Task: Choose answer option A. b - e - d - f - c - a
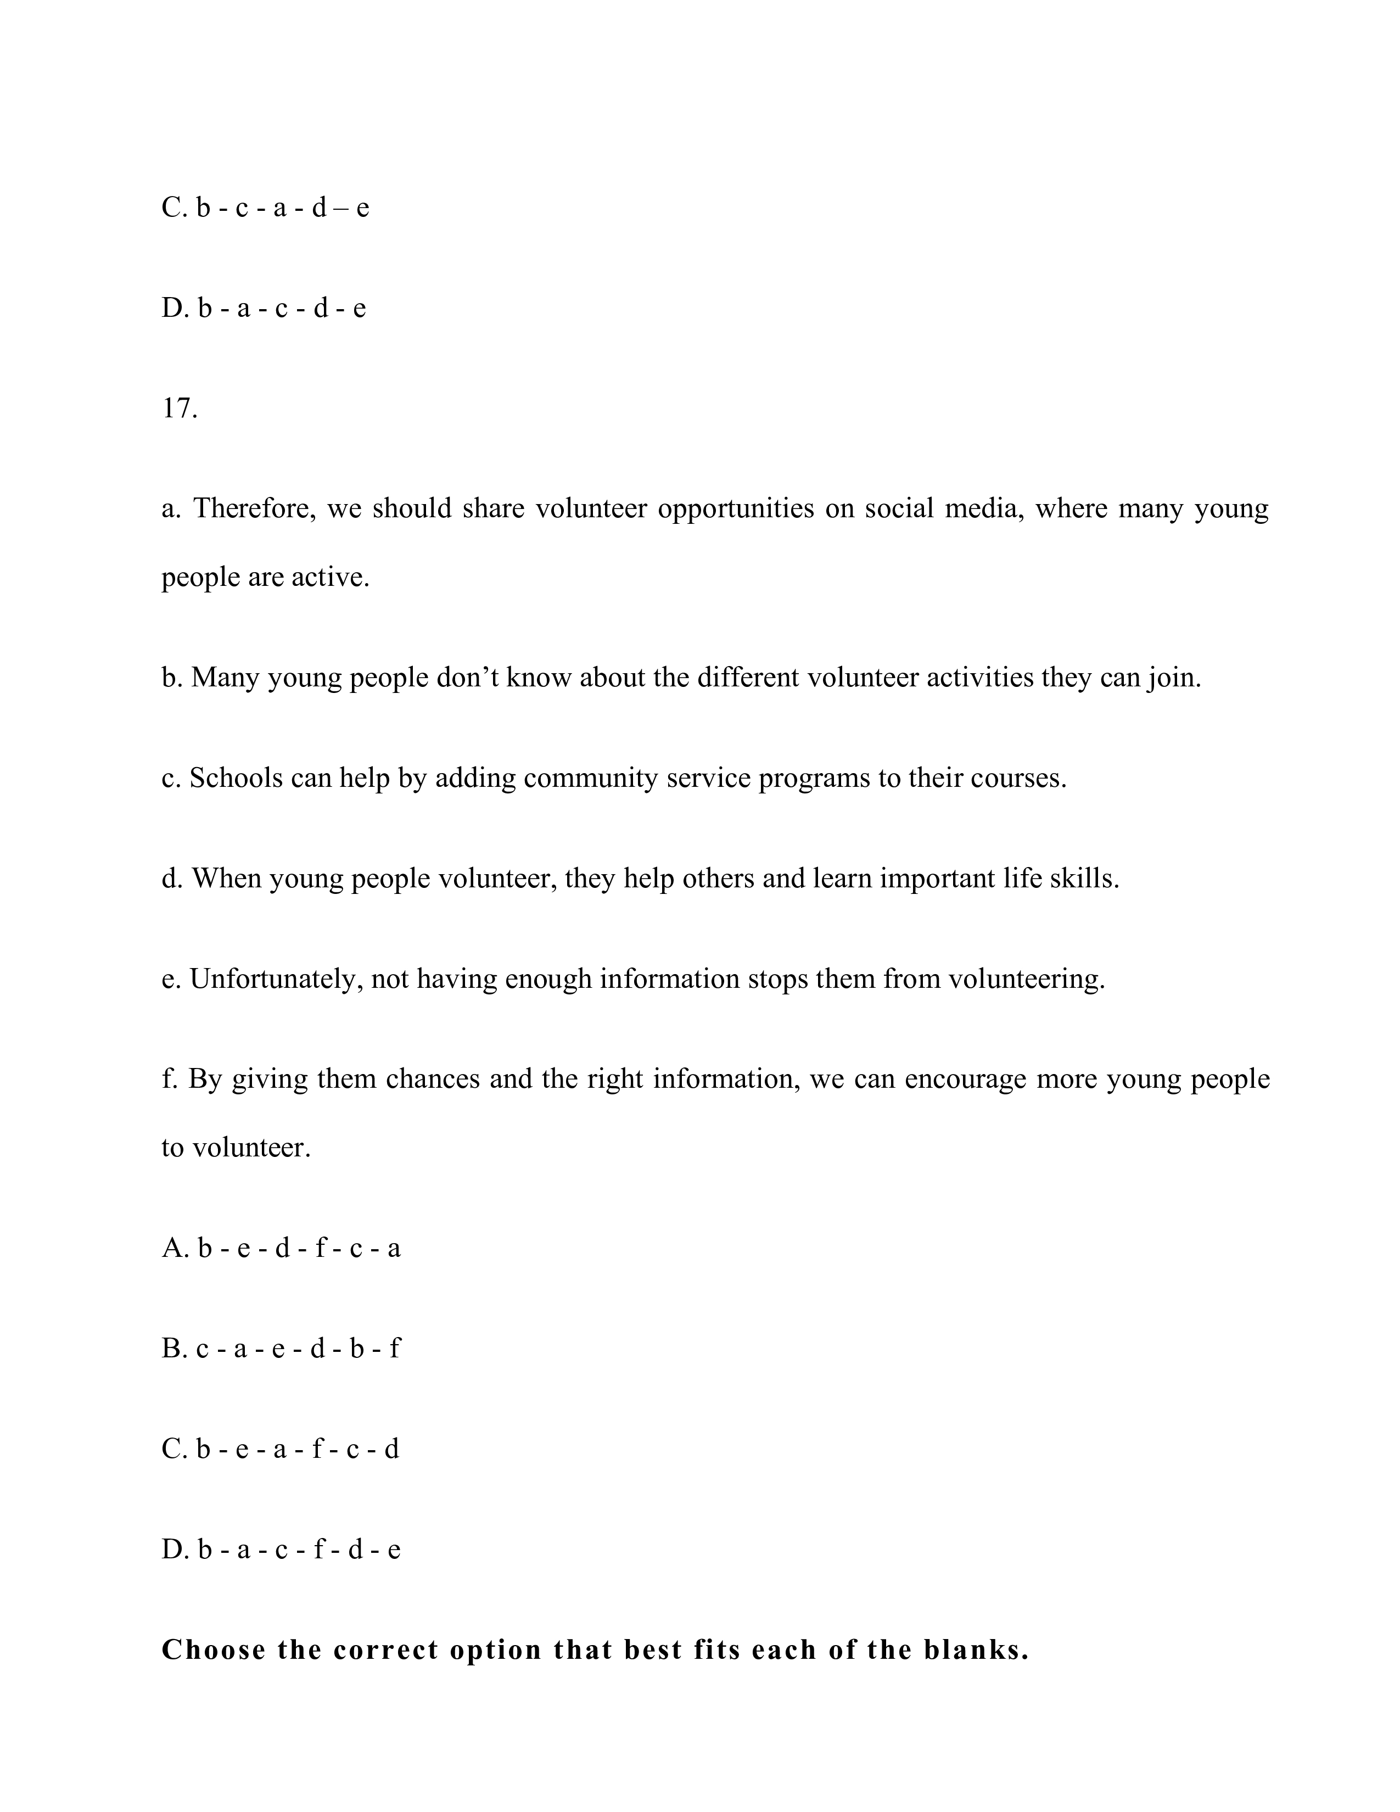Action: click(x=281, y=1248)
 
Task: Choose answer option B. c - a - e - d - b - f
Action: click(x=281, y=1348)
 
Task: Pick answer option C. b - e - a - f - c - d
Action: click(x=281, y=1449)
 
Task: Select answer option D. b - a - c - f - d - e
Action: click(x=281, y=1549)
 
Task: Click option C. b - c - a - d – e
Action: click(x=265, y=208)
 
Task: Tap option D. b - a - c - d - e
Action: click(x=264, y=308)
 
